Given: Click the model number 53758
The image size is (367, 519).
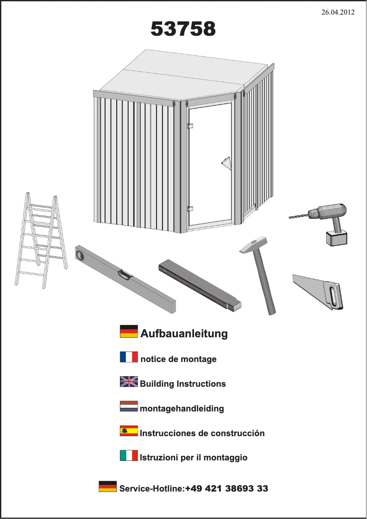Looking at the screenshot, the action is pos(183,29).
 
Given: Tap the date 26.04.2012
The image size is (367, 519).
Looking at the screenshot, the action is pos(338,12).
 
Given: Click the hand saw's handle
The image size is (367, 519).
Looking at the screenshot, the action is pos(332,295).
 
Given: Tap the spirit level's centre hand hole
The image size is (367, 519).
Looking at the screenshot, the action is pos(125,275).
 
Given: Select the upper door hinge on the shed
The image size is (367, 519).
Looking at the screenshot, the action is pos(190,126).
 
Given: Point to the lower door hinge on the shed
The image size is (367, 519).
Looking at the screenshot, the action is pos(190,209).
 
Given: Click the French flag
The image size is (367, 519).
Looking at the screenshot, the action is pos(129,357).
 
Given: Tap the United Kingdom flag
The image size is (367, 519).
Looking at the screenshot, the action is pos(129,382).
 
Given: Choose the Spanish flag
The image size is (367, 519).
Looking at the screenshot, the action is pos(129,431).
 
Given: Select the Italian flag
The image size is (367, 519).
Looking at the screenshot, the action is pos(129,455).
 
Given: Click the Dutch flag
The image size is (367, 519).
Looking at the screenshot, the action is pos(129,406).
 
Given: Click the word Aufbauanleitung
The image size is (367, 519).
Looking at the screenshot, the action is pos(184,333).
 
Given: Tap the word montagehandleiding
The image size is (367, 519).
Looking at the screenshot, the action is pos(182,408).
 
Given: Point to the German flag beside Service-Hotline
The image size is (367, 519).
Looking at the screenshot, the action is pos(108,486).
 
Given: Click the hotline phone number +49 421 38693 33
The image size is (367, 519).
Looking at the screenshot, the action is pos(227,488).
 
